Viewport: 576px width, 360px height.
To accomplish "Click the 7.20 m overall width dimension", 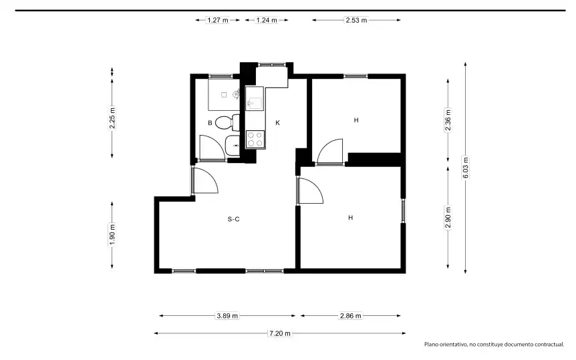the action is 280,333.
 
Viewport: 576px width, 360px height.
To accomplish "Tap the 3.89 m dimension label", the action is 227,315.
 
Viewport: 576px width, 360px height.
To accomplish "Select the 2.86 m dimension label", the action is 350,315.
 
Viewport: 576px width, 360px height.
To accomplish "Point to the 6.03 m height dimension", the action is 466,168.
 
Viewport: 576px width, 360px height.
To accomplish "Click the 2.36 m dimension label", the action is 448,120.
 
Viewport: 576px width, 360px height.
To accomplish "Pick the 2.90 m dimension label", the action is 448,218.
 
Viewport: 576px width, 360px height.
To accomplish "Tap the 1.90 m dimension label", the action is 112,234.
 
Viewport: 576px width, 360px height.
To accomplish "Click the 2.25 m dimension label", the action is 112,118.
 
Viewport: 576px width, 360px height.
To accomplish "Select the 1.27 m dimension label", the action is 218,20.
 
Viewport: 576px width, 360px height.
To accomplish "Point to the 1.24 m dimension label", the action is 267,20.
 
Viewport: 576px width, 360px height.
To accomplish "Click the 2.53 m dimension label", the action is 356,20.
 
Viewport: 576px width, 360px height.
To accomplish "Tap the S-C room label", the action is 234,219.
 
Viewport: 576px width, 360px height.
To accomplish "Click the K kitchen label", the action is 278,123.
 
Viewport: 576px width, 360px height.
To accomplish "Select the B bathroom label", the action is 210,123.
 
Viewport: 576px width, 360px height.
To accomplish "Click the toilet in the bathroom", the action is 227,122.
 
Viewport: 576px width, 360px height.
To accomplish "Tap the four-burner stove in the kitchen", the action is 255,139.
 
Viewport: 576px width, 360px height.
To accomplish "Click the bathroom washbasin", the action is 232,145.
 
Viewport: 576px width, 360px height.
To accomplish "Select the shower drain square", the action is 224,95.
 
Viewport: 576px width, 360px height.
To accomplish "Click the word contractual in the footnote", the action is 549,345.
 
